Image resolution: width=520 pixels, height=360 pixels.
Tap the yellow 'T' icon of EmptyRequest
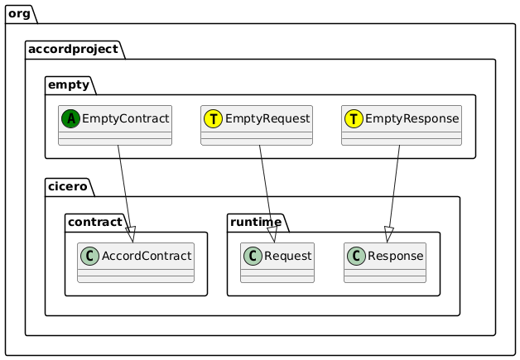pyautogui.click(x=213, y=119)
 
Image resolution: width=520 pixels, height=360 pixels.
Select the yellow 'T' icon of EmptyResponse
pyautogui.click(x=354, y=119)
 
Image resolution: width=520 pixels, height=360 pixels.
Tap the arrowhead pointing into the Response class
pyautogui.click(x=389, y=235)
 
